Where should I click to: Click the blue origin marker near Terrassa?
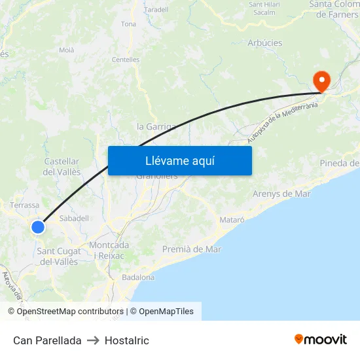click(38, 227)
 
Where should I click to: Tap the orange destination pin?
click(322, 81)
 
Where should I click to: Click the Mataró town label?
click(232, 220)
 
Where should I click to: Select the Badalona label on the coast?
click(138, 277)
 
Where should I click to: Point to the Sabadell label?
click(74, 218)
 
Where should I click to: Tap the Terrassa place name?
click(25, 205)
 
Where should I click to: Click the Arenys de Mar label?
click(281, 194)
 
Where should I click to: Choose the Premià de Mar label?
click(192, 249)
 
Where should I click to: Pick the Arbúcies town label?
click(265, 43)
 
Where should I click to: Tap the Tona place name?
click(128, 24)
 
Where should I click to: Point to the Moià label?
click(67, 50)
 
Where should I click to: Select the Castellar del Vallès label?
click(62, 166)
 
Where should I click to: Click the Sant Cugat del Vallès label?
click(59, 257)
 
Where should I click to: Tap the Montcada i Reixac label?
click(109, 250)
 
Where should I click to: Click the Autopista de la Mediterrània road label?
click(282, 122)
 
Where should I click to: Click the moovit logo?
click(320, 340)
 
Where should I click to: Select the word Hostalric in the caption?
click(127, 340)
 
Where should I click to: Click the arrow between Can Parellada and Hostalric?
click(93, 340)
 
